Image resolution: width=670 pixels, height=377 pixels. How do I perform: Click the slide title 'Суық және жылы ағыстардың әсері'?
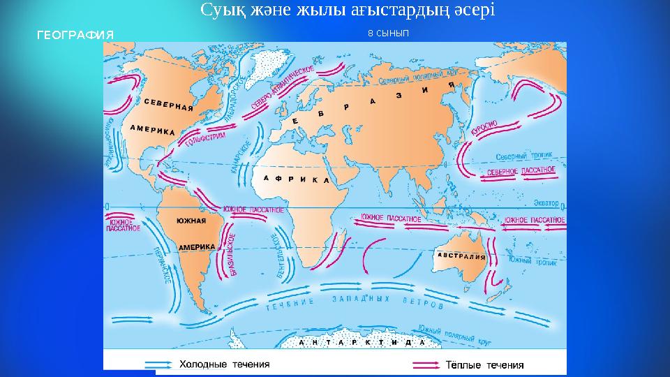347,10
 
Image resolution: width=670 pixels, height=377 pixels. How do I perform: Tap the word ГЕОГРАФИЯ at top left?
75,34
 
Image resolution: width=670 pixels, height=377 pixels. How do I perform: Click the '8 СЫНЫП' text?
388,33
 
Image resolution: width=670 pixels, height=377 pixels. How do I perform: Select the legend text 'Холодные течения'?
225,364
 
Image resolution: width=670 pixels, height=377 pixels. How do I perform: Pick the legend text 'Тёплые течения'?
484,364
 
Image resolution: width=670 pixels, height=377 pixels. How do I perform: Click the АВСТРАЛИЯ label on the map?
461,256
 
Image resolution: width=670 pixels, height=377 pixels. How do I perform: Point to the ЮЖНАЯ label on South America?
191,221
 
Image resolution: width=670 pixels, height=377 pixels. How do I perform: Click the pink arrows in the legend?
427,364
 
